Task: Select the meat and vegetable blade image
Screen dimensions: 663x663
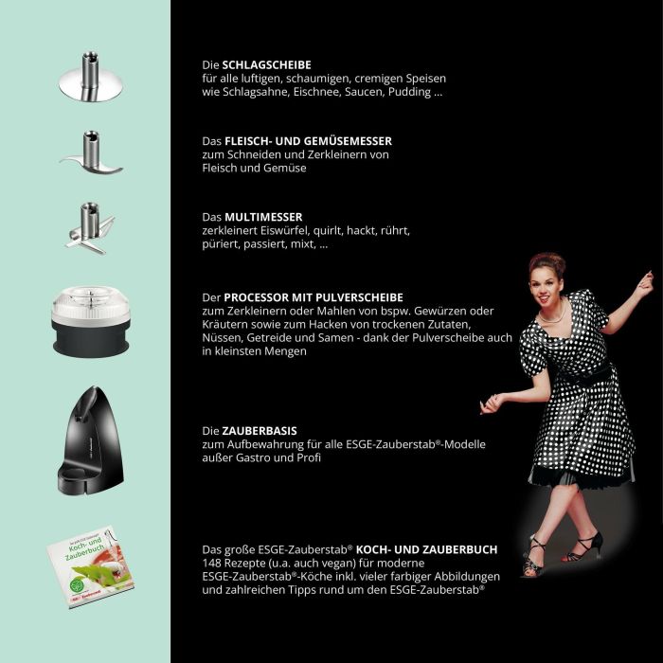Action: [x=91, y=156]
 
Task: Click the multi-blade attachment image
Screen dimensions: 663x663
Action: [x=90, y=227]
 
